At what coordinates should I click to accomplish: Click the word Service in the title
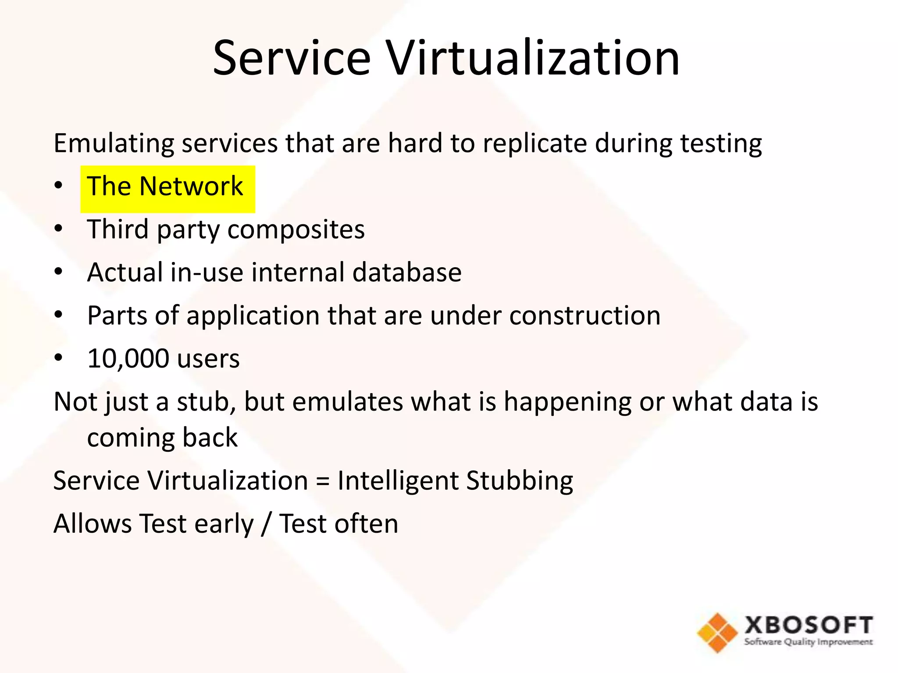point(292,58)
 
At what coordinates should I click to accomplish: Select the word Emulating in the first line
point(114,143)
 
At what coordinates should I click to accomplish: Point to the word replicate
point(535,143)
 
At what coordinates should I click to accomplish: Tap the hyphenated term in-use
point(207,272)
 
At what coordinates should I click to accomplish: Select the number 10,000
point(128,359)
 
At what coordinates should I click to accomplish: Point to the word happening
point(567,402)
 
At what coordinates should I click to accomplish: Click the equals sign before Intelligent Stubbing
point(322,481)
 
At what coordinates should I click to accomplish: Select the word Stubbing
point(520,481)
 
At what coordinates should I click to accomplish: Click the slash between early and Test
point(266,524)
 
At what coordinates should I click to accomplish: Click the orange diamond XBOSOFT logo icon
point(717,632)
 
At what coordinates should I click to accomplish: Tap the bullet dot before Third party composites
point(58,229)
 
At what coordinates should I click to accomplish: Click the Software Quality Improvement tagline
point(808,642)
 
